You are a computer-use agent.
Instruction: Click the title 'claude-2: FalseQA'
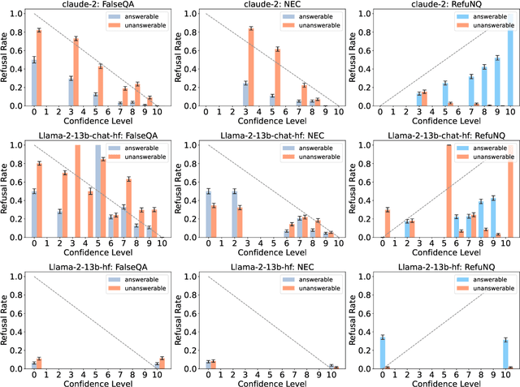click(x=97, y=6)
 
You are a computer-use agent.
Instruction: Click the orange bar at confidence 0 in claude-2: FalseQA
click(x=38, y=68)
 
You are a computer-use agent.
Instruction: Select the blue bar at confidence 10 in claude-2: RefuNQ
click(x=509, y=65)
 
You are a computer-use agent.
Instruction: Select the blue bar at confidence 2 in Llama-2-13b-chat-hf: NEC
click(x=234, y=215)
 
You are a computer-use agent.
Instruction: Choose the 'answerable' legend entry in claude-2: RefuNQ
click(x=480, y=16)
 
